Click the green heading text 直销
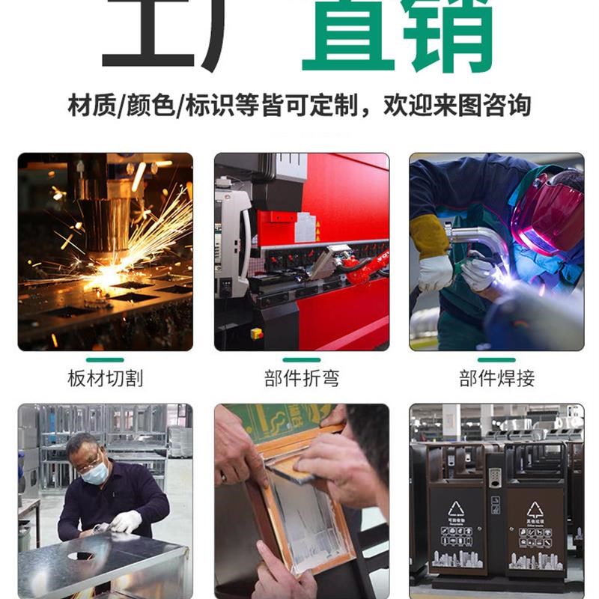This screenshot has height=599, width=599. [397, 34]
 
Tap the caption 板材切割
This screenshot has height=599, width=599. [105, 378]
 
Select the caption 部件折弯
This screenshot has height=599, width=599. [301, 378]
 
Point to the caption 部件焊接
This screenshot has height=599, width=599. [496, 378]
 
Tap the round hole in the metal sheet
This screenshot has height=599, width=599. [81, 556]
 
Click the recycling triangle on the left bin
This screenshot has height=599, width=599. [456, 509]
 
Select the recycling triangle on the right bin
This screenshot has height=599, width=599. [535, 510]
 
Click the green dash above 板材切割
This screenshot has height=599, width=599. [105, 360]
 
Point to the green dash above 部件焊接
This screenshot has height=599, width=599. [496, 360]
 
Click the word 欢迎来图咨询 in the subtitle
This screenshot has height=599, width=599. [457, 105]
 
